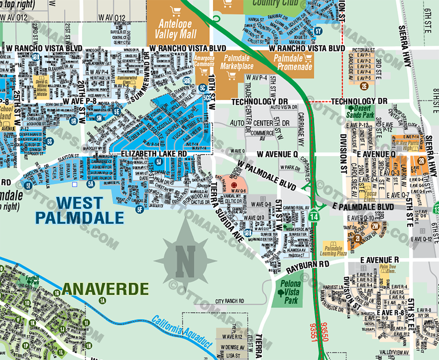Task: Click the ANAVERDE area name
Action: [x=105, y=289]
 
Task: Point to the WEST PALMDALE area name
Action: [x=79, y=210]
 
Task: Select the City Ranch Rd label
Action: [x=230, y=301]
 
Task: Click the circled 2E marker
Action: [x=364, y=86]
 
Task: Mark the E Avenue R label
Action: [x=379, y=260]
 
